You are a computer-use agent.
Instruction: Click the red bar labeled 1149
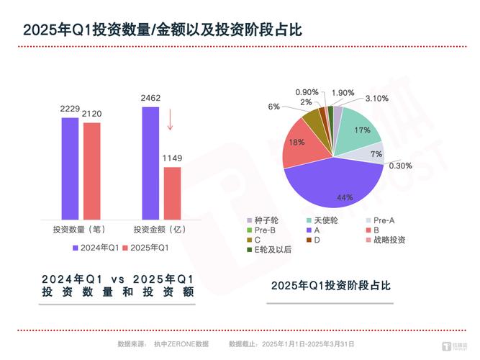click(172, 192)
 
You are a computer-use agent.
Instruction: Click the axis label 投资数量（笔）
click(80, 230)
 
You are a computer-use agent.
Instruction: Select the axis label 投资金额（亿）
click(160, 230)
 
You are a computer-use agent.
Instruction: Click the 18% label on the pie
click(296, 142)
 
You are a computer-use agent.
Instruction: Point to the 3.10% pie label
click(376, 98)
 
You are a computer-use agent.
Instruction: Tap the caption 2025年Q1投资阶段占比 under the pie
click(330, 285)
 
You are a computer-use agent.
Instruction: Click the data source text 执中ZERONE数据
click(181, 345)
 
